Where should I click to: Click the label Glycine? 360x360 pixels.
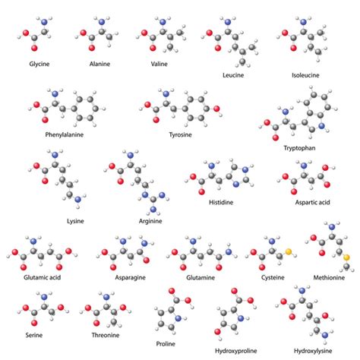coord(39,64)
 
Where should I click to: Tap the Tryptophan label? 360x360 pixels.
coord(299,148)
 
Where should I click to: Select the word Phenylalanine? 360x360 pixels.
coord(65,134)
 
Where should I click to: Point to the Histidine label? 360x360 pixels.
coord(221,202)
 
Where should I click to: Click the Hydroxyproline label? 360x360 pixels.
coord(236,351)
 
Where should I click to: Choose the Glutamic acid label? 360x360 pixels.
coord(43,277)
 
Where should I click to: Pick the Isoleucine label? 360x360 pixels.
coord(305,75)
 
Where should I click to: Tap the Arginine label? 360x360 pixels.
coord(150,221)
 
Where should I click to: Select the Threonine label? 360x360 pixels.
coord(106,335)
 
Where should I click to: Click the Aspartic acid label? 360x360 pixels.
coord(312,202)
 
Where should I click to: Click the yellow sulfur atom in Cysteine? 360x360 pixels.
coord(289,251)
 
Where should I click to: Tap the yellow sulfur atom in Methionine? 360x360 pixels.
coord(346,257)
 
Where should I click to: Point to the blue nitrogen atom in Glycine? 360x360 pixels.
coord(44,22)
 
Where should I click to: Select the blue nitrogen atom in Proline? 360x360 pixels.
coord(178,318)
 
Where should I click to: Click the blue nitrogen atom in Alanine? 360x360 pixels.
coord(102,22)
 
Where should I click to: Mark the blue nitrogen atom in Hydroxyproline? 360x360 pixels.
coord(241,318)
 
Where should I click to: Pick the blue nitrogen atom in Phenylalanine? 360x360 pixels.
coord(55,94)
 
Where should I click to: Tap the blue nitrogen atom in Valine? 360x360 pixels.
coord(163,22)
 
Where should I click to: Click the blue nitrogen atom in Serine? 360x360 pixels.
coord(44,297)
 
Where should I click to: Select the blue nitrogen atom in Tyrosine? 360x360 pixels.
coord(166,94)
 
